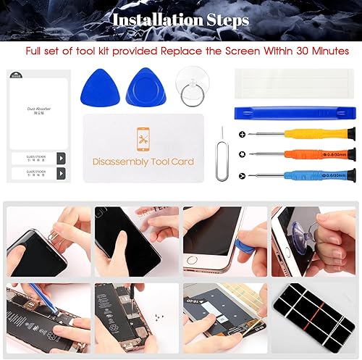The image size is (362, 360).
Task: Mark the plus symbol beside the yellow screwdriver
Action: [241, 135]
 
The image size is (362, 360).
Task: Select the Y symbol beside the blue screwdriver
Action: [241, 175]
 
